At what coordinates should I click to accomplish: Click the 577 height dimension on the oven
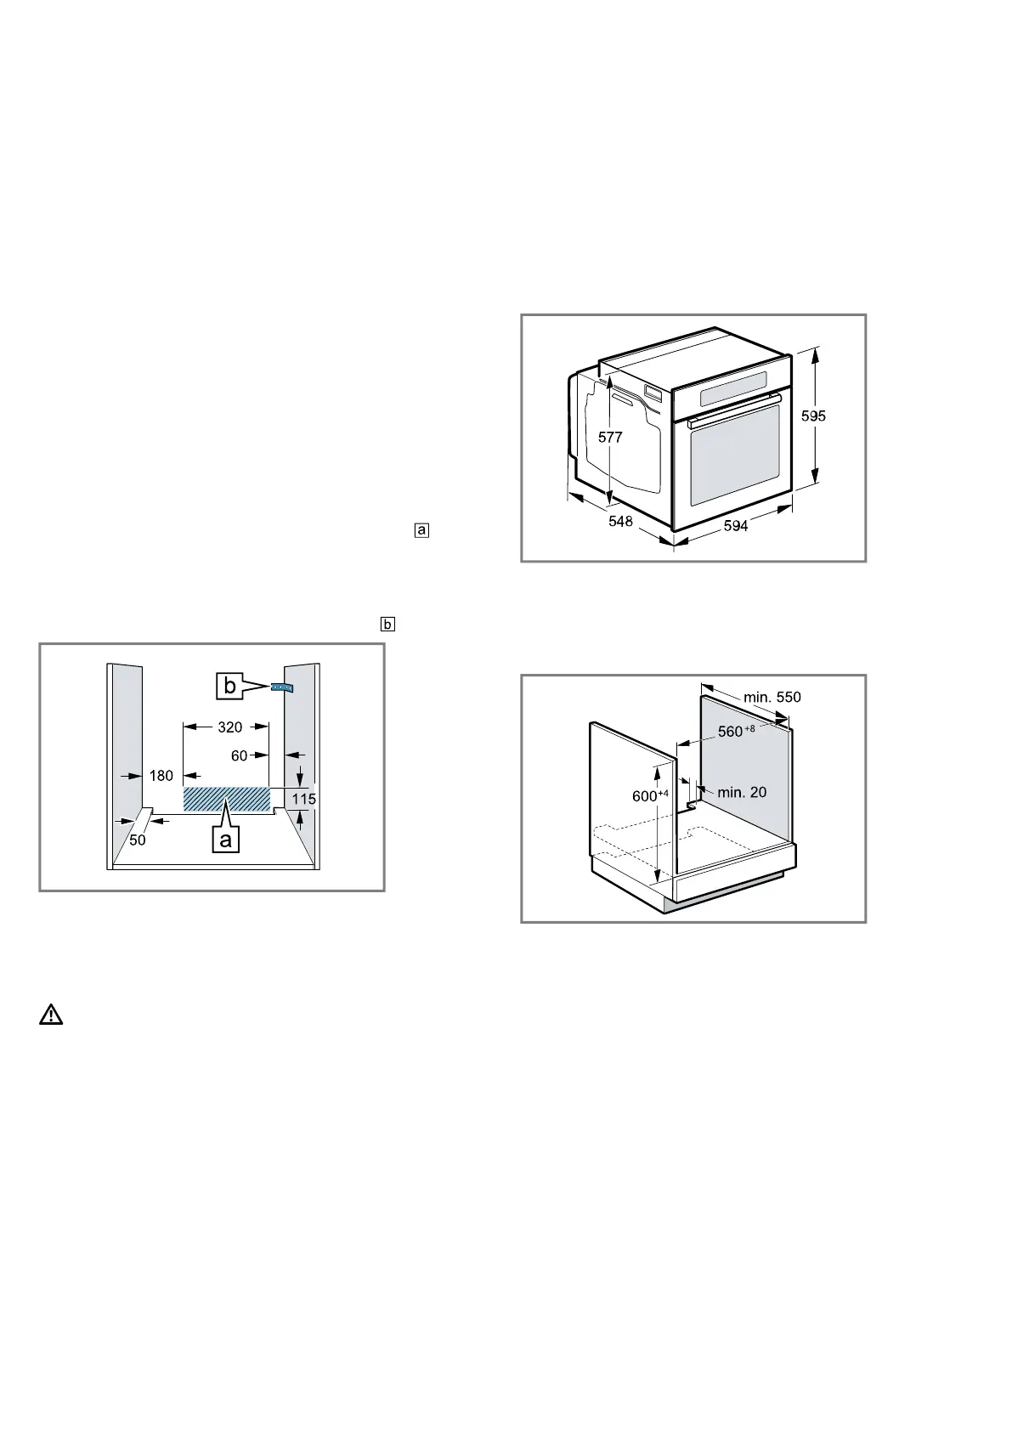point(610,438)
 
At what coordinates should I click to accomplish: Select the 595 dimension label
point(814,416)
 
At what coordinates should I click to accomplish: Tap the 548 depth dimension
point(620,521)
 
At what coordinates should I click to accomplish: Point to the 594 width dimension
point(736,526)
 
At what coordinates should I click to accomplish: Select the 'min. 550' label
point(772,698)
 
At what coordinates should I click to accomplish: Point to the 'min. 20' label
point(742,792)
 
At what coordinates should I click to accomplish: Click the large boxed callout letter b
point(230,686)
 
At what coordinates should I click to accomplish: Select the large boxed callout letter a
point(225,840)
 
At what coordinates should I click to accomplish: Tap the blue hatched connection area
point(227,799)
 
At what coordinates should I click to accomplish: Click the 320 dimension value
point(229,727)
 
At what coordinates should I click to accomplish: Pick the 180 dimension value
point(161,775)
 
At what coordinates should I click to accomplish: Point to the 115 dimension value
point(304,799)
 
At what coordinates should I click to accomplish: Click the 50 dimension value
point(138,840)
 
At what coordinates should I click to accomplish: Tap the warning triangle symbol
point(51,1015)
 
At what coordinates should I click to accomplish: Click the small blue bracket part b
point(281,687)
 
